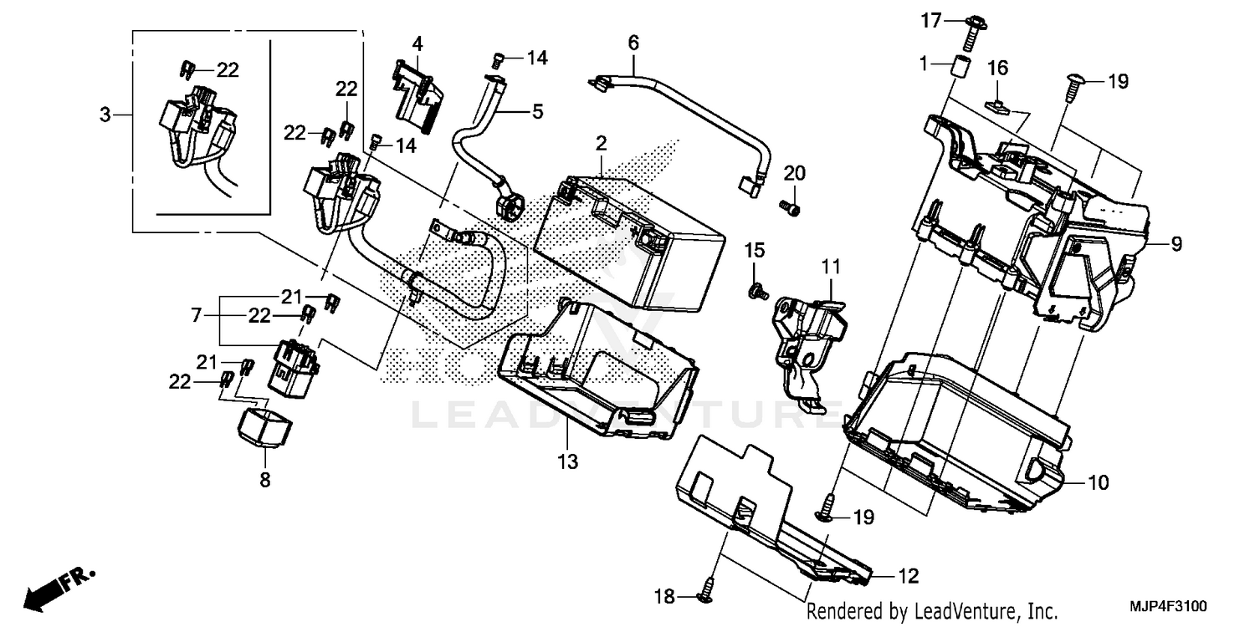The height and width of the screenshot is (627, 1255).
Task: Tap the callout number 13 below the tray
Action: coord(568,461)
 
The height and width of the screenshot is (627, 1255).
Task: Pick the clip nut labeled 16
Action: coord(997,105)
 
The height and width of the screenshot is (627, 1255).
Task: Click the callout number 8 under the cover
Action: coord(264,480)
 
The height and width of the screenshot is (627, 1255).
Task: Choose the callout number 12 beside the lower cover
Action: coord(908,576)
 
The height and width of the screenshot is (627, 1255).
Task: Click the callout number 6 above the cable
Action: coord(633,41)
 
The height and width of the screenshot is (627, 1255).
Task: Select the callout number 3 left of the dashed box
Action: coord(105,115)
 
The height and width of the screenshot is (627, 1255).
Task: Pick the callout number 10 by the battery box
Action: coord(1098,482)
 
